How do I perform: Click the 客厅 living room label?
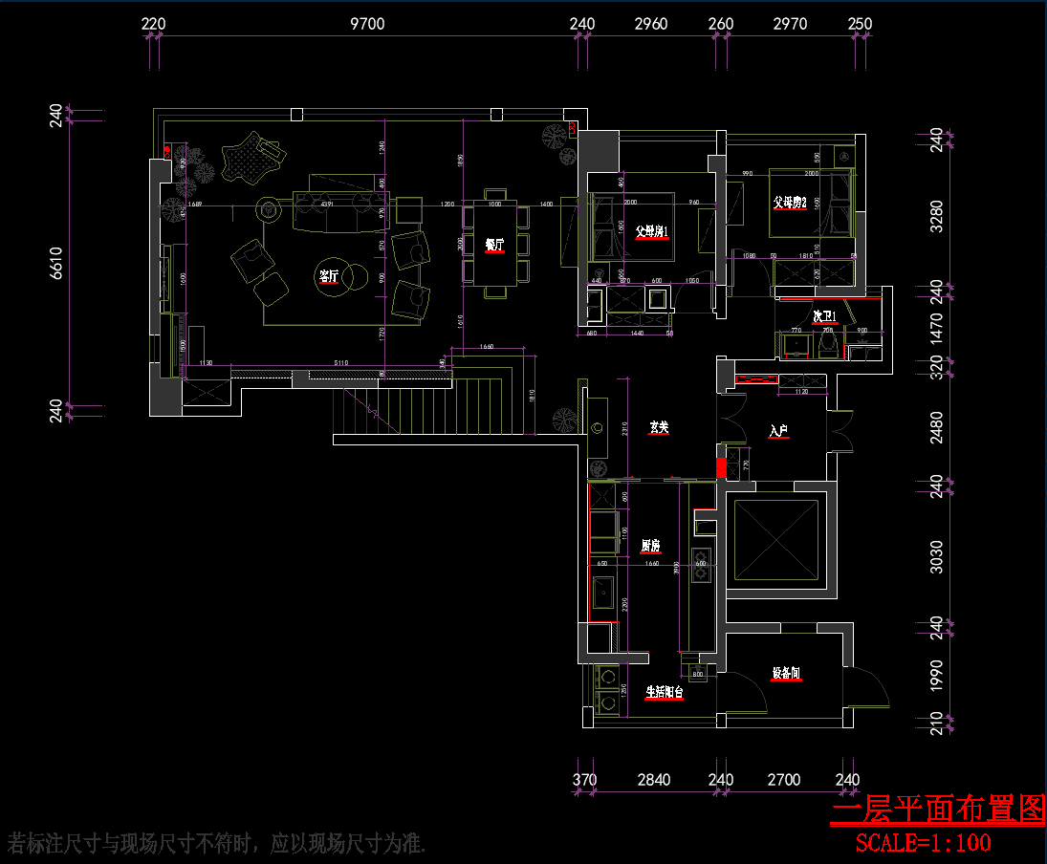click(x=329, y=277)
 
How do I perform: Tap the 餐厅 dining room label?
click(x=493, y=245)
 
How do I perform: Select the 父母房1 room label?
click(x=651, y=231)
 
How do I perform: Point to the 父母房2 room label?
click(x=791, y=203)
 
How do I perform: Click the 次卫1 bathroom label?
click(x=824, y=316)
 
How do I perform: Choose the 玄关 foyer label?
click(x=658, y=427)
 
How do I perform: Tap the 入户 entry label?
click(x=777, y=432)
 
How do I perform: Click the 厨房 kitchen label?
click(x=650, y=546)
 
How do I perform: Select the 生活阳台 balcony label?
click(x=665, y=692)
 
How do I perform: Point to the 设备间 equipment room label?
click(x=786, y=674)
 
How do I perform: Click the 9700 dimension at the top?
click(x=367, y=24)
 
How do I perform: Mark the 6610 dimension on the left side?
click(x=55, y=263)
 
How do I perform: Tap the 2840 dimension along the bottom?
click(x=654, y=780)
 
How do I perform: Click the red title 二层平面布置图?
click(x=937, y=810)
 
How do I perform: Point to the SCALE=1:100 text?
click(x=923, y=842)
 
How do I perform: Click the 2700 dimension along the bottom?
click(x=784, y=780)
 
